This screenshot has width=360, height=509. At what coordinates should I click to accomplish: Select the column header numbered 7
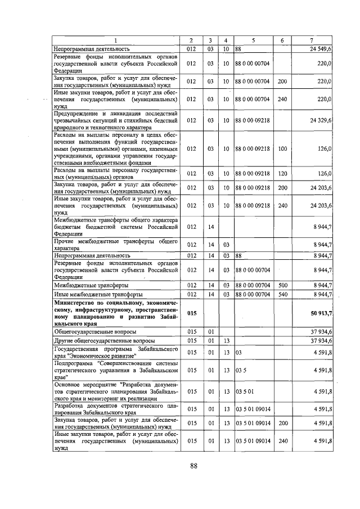[311, 40]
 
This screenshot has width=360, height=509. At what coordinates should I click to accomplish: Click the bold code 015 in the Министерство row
[192, 313]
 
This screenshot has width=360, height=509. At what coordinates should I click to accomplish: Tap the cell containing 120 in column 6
[282, 173]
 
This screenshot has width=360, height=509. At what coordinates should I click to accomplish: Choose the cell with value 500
[282, 285]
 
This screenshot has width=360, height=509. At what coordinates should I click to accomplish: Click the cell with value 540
[282, 294]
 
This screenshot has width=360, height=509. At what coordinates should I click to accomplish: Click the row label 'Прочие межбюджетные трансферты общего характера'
[116, 244]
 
